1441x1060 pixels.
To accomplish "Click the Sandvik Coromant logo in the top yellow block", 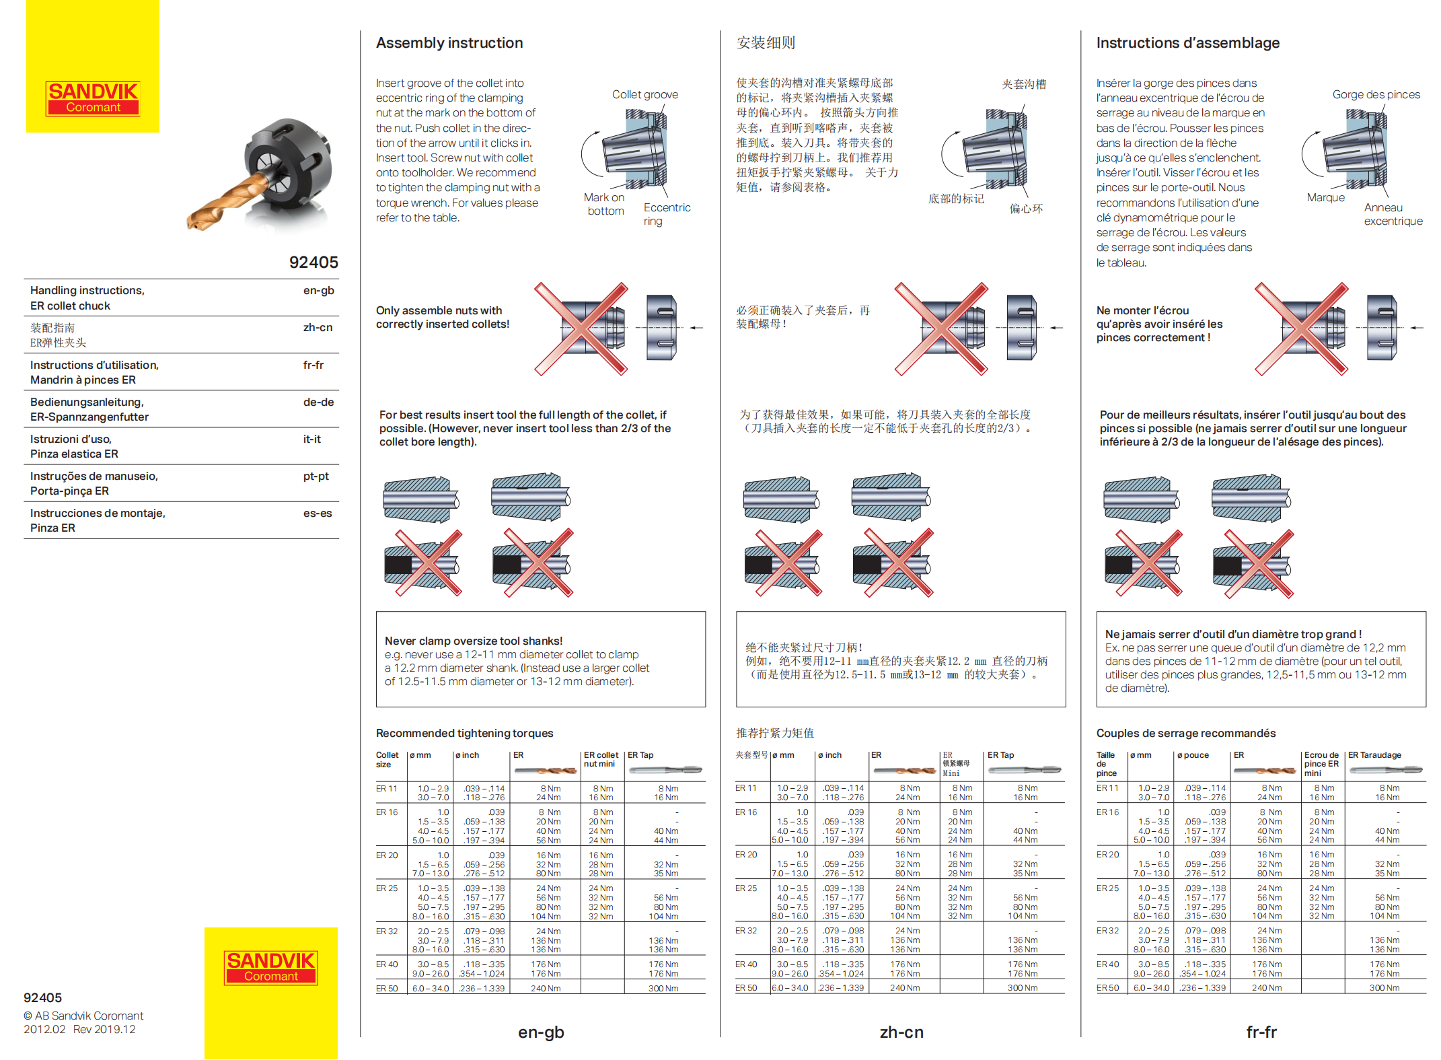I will coord(93,98).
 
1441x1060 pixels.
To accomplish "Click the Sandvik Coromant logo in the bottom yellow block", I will coord(270,967).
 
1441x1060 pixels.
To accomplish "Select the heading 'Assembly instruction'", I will coord(449,43).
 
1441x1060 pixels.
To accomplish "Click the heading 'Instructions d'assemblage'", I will coord(1187,43).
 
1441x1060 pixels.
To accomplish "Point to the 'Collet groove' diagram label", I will coord(644,95).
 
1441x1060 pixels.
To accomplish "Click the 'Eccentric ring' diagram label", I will coord(666,214).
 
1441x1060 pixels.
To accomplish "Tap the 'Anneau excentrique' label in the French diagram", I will coord(1393,214).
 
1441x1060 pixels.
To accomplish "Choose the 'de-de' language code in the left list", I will coord(318,402).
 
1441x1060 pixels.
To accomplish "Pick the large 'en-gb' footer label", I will coord(541,1032).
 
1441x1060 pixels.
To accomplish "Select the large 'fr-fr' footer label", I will coord(1261,1032).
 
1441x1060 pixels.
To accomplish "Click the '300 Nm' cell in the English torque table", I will coord(663,989).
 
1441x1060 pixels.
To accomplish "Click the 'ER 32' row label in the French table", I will coord(1107,931).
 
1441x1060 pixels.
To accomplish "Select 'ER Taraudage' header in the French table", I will coord(1374,755).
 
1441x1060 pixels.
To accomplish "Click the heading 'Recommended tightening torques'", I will coord(464,733).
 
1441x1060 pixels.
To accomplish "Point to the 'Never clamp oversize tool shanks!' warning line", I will coord(474,641).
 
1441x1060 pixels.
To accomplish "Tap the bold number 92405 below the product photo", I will coord(313,262).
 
